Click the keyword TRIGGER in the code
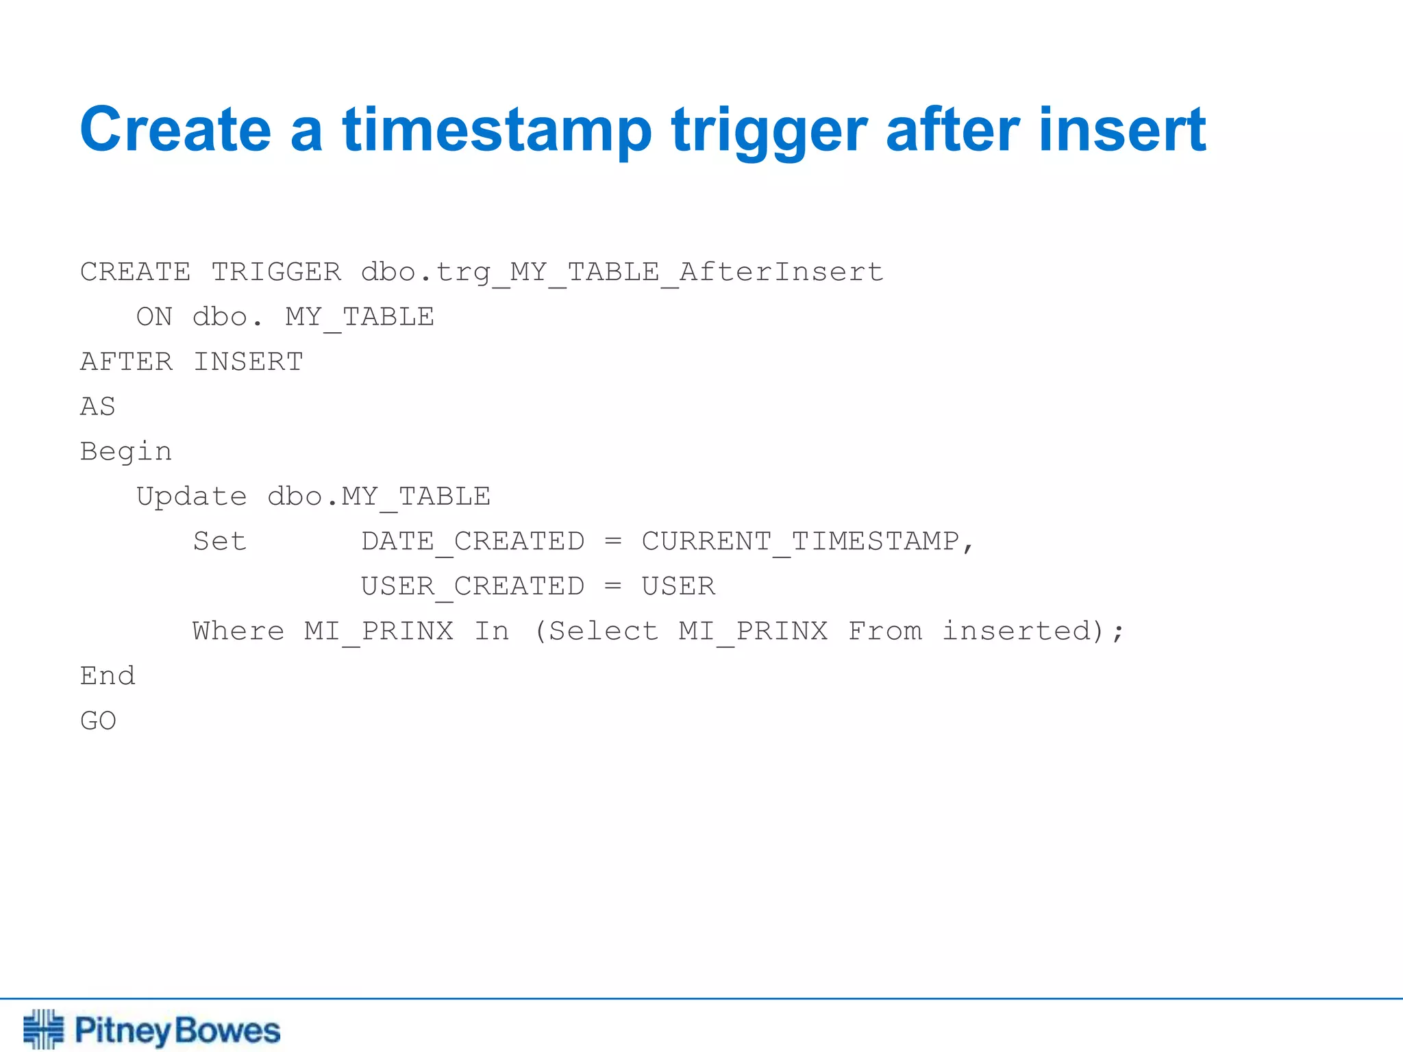[276, 272]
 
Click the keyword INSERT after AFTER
[248, 362]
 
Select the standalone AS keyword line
[98, 407]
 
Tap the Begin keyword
[126, 452]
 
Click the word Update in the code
[191, 497]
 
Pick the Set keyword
[219, 541]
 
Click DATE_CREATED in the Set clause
[473, 542]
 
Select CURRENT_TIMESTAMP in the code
[800, 542]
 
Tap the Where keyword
[238, 631]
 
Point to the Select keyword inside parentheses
[603, 631]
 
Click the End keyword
[108, 676]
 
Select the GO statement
[98, 721]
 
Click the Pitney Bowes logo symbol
[43, 1029]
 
